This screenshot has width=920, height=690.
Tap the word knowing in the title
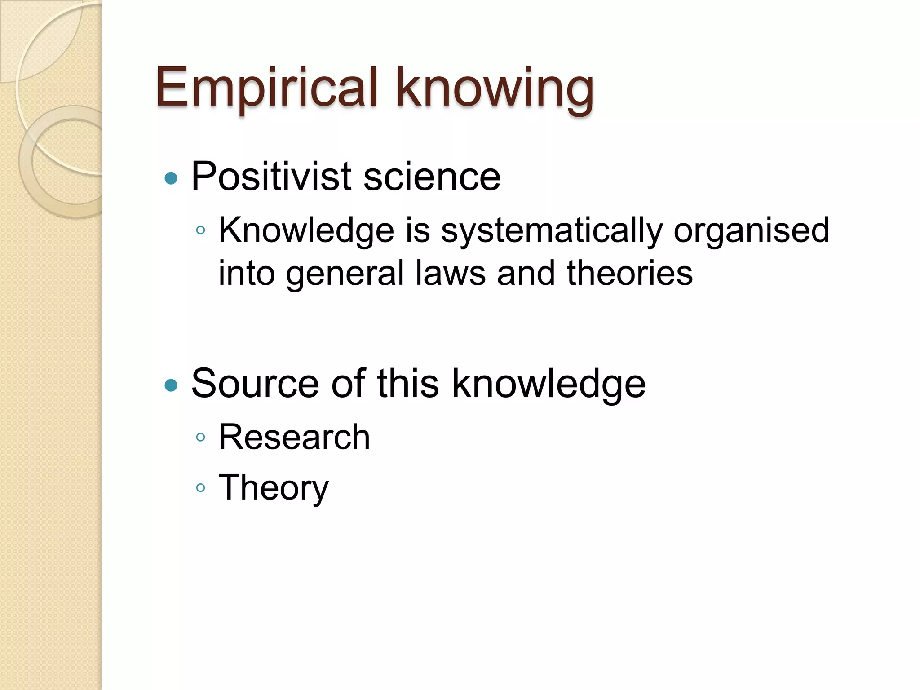coord(495,89)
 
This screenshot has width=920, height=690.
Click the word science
coord(432,177)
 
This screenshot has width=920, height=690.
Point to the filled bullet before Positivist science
coord(171,179)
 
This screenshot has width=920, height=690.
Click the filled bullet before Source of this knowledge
coord(171,385)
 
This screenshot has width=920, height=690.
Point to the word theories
coord(630,273)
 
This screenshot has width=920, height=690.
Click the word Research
coord(294,437)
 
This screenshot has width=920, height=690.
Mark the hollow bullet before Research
coord(201,437)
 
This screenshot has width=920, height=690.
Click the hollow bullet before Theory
coord(201,488)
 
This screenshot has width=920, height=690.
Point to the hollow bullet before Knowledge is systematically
coord(201,231)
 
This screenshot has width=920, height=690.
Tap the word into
coord(247,273)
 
